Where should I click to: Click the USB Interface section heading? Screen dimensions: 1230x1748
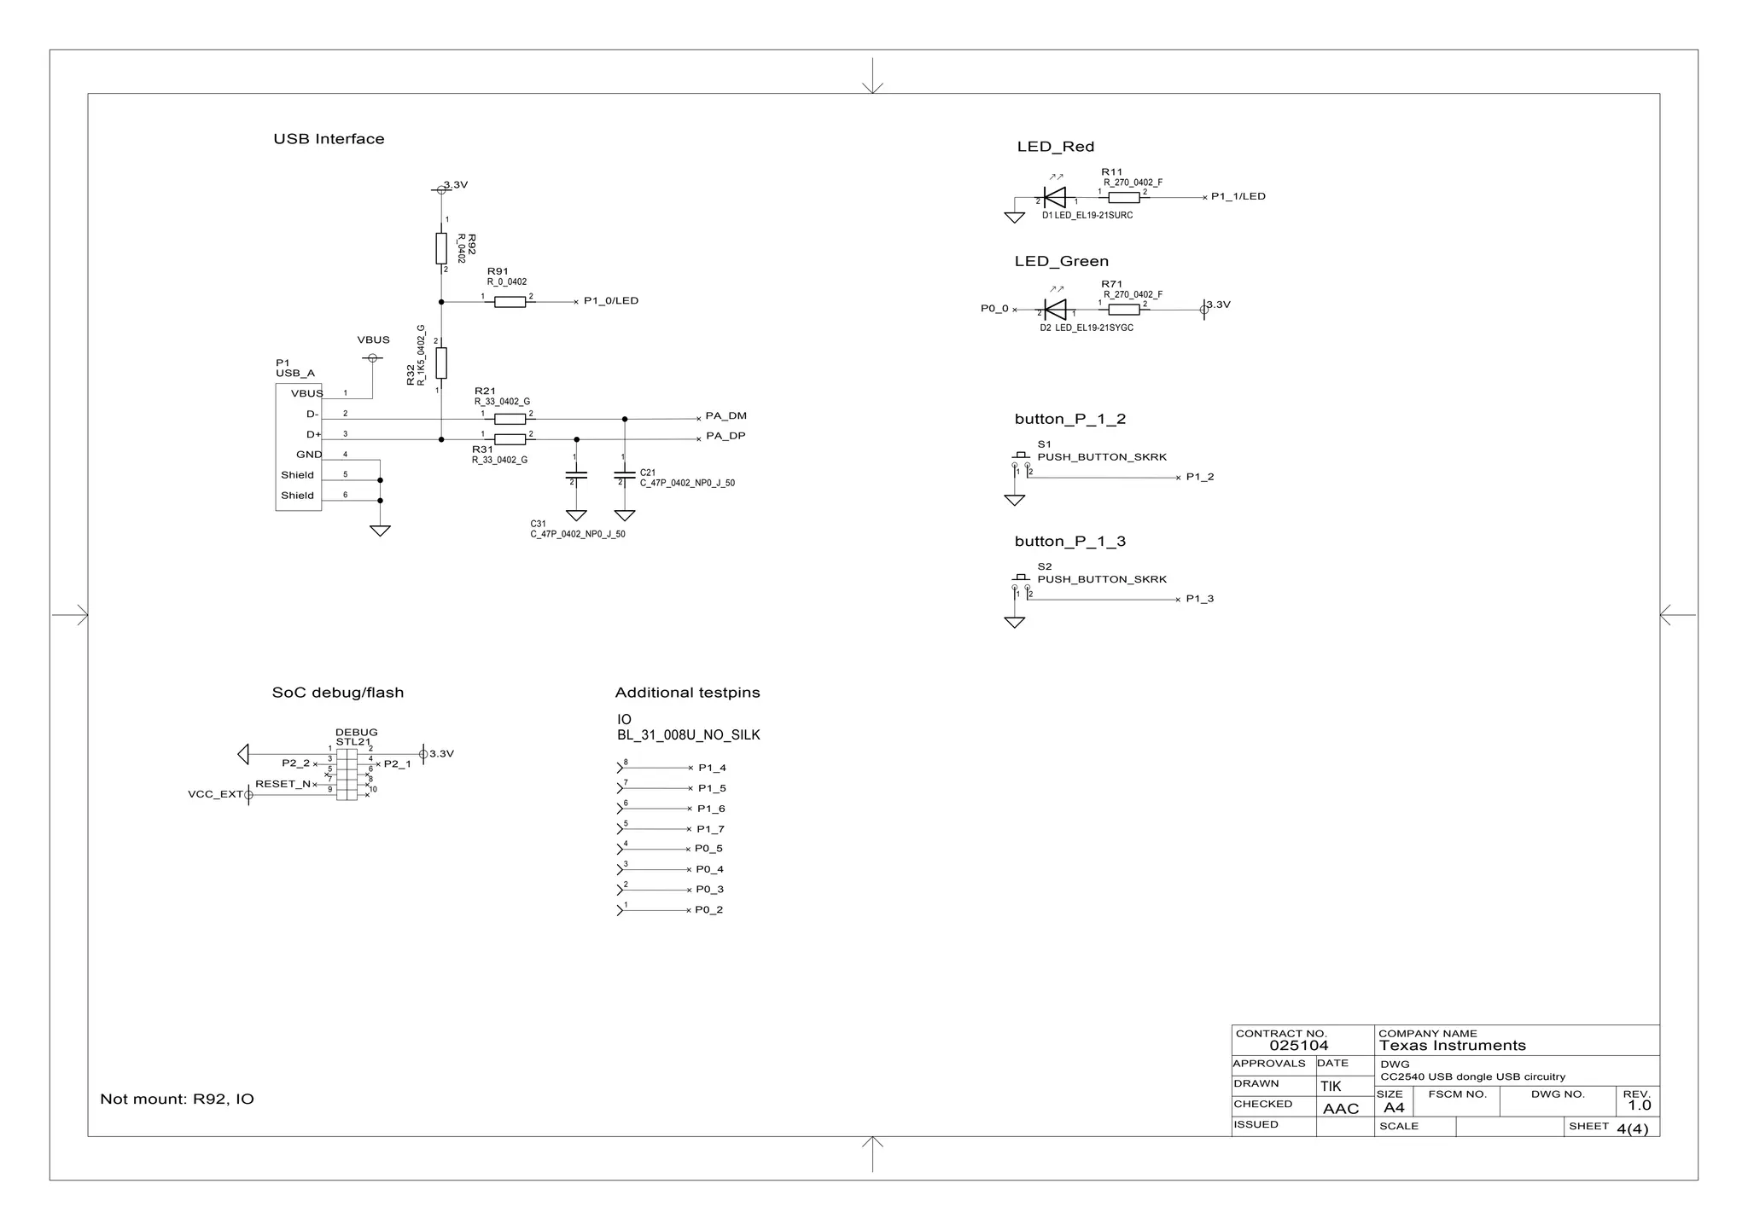tap(329, 139)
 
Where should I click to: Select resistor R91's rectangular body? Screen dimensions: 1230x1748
tap(510, 302)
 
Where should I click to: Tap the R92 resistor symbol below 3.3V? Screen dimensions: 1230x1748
tap(441, 248)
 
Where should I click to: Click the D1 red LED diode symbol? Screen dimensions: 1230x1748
tap(1055, 198)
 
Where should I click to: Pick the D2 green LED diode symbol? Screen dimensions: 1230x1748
tap(1055, 310)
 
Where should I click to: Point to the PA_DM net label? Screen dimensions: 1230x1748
tap(725, 416)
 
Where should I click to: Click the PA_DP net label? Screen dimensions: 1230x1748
tap(725, 437)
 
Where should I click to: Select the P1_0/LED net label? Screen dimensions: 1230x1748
tap(610, 301)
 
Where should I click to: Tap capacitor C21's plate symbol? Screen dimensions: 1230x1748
tap(625, 478)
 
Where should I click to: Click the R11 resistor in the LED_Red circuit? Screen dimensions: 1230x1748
tap(1124, 198)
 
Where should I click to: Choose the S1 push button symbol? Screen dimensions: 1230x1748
tap(1021, 461)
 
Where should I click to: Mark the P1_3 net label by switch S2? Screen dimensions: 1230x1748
tap(1199, 600)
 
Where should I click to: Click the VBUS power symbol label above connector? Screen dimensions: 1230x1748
tap(373, 340)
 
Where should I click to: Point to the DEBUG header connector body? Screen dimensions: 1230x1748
tap(347, 774)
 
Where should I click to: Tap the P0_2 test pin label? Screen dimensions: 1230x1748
tap(708, 910)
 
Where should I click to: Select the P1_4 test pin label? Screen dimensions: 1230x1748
tap(712, 769)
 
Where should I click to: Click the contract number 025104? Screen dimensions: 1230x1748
tap(1298, 1046)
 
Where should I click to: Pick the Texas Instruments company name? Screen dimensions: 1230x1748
tap(1452, 1046)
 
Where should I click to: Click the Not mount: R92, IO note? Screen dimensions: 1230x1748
tap(177, 1099)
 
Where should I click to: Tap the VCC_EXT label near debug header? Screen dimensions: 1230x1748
tap(215, 795)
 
